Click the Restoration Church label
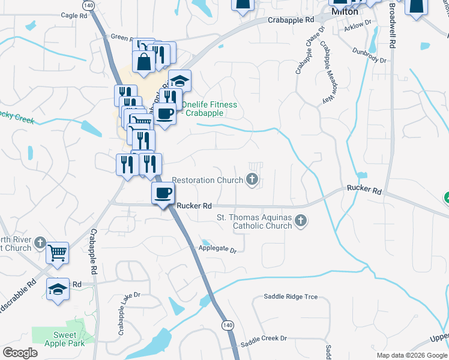pyautogui.click(x=207, y=179)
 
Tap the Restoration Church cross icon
pyautogui.click(x=253, y=179)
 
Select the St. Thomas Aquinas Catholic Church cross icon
pyautogui.click(x=301, y=221)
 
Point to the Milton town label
pyautogui.click(x=345, y=11)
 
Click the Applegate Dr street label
pyautogui.click(x=218, y=247)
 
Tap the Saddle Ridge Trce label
pyautogui.click(x=291, y=297)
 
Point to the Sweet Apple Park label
pyautogui.click(x=64, y=339)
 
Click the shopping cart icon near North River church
pyautogui.click(x=58, y=252)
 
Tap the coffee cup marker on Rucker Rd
pyautogui.click(x=163, y=193)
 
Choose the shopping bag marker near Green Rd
pyautogui.click(x=144, y=62)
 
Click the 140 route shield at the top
pyautogui.click(x=89, y=5)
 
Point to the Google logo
pyautogui.click(x=20, y=353)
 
